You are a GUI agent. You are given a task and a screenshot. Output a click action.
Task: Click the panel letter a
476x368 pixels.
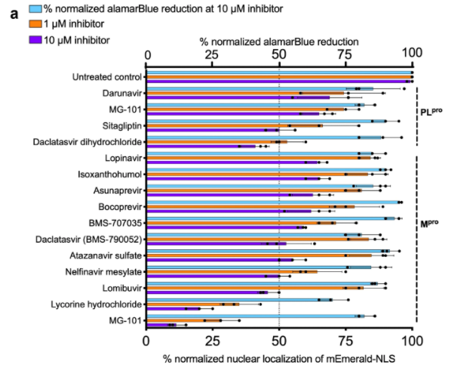coord(13,11)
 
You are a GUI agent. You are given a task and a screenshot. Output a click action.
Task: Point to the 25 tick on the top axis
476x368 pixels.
coord(213,54)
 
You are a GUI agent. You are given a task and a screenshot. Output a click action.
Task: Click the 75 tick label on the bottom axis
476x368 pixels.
coord(346,341)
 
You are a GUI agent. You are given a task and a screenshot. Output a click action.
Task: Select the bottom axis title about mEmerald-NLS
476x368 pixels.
coord(279,357)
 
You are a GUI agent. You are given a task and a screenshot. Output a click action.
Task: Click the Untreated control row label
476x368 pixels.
coord(106,76)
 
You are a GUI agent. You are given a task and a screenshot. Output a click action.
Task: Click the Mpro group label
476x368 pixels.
coord(431,224)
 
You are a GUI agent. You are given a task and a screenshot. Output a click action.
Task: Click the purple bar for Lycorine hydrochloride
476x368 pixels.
coord(174,308)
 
